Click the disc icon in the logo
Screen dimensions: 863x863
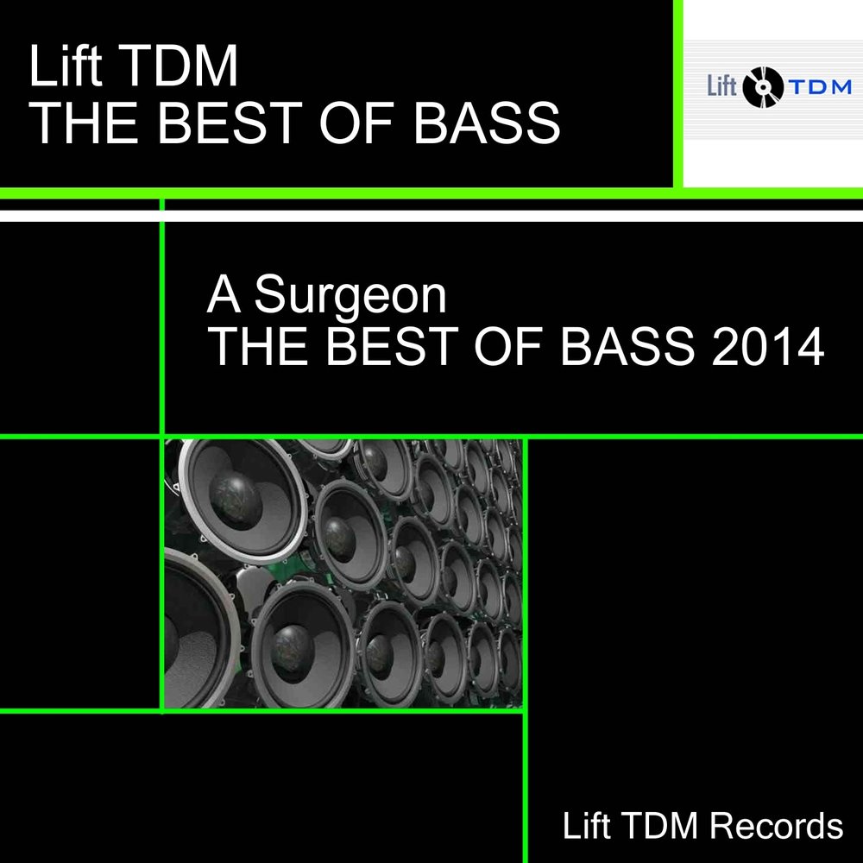[x=761, y=85]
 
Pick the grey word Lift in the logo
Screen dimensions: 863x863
[x=723, y=86]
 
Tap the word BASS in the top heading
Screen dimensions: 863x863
[x=486, y=123]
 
